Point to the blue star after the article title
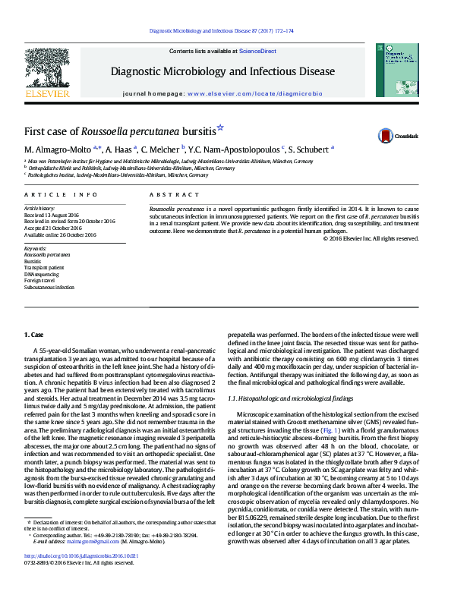pyautogui.click(x=221, y=128)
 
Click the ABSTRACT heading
pyautogui.click(x=169, y=195)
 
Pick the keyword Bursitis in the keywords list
pyautogui.click(x=34, y=261)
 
